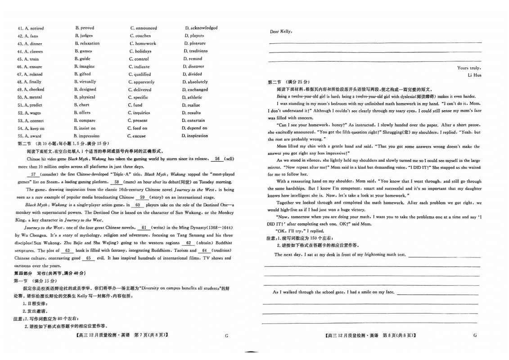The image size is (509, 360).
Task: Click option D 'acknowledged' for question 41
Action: click(x=201, y=28)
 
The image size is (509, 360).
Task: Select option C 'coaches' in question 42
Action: click(x=140, y=36)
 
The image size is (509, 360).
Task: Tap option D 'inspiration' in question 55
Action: click(x=194, y=135)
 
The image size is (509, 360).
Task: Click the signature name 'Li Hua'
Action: click(x=474, y=75)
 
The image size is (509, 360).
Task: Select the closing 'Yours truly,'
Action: click(x=469, y=68)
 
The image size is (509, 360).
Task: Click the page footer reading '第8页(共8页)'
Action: click(x=398, y=335)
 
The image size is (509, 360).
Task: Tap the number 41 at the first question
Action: click(x=20, y=28)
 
